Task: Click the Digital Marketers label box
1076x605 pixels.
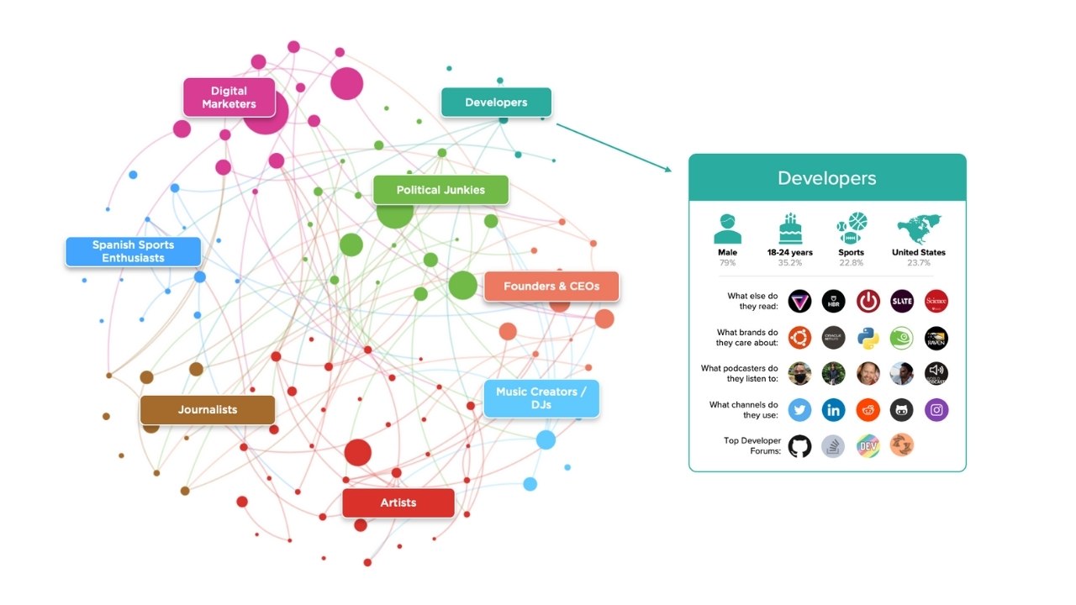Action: pos(229,97)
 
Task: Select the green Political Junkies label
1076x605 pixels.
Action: pos(440,190)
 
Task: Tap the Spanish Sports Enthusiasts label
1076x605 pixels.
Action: pos(133,251)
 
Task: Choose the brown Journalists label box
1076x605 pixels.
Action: pos(207,410)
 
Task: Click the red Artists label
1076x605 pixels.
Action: pos(398,502)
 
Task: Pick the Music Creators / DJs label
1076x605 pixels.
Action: pos(541,398)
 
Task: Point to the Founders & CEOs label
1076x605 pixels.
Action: pos(551,287)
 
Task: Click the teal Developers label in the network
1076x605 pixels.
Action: pos(496,103)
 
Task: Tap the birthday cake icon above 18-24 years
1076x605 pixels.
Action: pos(789,228)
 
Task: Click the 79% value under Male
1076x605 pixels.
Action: pos(727,263)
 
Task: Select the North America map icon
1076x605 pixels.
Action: pos(918,228)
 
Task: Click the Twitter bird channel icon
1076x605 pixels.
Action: pos(799,410)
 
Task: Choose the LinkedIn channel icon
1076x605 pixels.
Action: pos(834,410)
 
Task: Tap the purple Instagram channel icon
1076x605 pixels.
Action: pos(936,410)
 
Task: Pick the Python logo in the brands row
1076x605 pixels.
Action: pos(868,338)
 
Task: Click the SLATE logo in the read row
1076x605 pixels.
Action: pos(902,301)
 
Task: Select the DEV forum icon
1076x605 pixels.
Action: pos(868,445)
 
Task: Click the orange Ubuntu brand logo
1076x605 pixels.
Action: pos(799,338)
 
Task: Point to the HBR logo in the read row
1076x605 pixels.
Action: pos(834,301)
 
